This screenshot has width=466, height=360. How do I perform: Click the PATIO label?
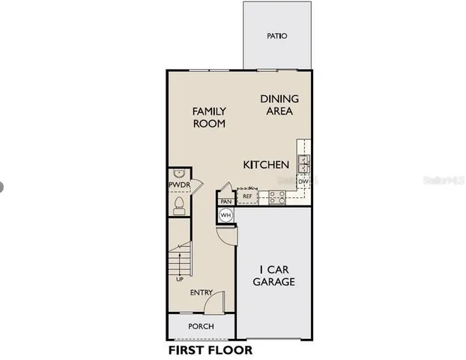click(x=277, y=36)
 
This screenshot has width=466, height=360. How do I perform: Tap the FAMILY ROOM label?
click(x=209, y=118)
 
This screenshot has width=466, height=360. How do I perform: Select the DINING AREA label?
click(x=279, y=105)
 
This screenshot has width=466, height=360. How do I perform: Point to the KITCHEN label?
click(x=266, y=164)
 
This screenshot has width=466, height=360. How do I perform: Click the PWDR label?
click(x=178, y=184)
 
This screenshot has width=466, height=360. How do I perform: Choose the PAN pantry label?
click(x=226, y=201)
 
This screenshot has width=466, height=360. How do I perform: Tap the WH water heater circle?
click(x=226, y=216)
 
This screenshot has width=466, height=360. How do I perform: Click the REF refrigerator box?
click(x=248, y=196)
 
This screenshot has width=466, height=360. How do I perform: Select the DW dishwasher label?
click(x=303, y=181)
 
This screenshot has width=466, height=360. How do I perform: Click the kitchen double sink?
click(x=304, y=163)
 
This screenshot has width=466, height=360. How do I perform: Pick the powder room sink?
click(x=178, y=172)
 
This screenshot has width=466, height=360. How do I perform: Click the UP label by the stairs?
click(x=180, y=280)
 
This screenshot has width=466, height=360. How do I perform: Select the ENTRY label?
click(x=202, y=292)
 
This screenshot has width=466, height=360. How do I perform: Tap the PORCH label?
click(x=201, y=326)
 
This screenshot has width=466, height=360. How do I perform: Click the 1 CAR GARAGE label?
click(x=273, y=275)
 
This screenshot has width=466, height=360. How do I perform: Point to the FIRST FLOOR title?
click(x=210, y=349)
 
